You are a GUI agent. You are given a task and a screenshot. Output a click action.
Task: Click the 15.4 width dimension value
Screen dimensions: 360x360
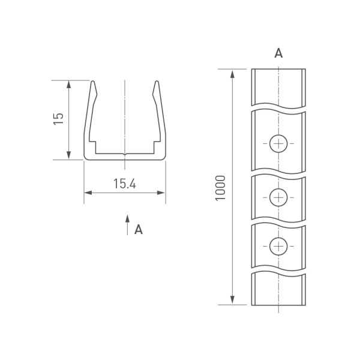125,184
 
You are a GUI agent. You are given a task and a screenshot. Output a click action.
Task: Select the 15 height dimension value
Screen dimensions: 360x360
58,119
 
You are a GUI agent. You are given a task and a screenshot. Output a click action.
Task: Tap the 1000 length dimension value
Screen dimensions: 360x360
220,188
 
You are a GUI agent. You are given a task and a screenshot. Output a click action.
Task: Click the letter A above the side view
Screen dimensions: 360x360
278,53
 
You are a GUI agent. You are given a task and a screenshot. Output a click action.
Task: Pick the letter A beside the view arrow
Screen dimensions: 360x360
139,229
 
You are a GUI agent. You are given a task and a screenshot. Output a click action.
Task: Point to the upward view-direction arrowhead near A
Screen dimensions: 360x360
127,219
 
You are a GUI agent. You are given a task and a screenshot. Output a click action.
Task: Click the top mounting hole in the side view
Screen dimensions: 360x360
278,144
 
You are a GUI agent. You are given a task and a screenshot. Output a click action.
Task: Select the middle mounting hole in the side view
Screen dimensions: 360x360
278,197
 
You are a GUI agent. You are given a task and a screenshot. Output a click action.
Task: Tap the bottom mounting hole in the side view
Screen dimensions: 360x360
278,247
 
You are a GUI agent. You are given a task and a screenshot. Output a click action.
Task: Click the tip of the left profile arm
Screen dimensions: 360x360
93,81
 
